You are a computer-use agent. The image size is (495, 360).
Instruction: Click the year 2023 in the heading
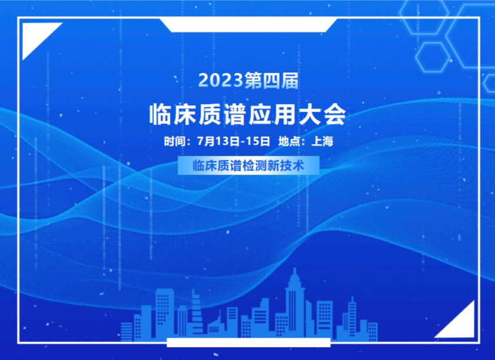click(220, 80)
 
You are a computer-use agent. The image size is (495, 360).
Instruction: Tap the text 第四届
click(271, 80)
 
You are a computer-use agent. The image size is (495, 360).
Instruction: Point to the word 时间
click(175, 141)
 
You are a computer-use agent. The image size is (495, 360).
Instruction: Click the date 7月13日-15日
click(233, 141)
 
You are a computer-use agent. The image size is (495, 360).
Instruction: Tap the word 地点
click(289, 141)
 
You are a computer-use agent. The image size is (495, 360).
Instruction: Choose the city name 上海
click(322, 141)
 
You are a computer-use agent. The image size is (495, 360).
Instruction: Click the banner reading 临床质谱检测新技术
click(249, 165)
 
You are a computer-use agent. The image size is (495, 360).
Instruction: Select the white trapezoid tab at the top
click(249, 25)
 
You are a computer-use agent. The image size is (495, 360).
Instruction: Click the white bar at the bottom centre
click(249, 342)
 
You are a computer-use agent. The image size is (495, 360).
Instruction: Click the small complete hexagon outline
click(433, 57)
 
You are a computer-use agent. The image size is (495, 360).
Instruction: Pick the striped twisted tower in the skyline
click(197, 312)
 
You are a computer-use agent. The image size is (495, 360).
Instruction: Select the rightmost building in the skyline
click(373, 332)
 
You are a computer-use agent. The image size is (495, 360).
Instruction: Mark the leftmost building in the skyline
click(126, 332)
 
